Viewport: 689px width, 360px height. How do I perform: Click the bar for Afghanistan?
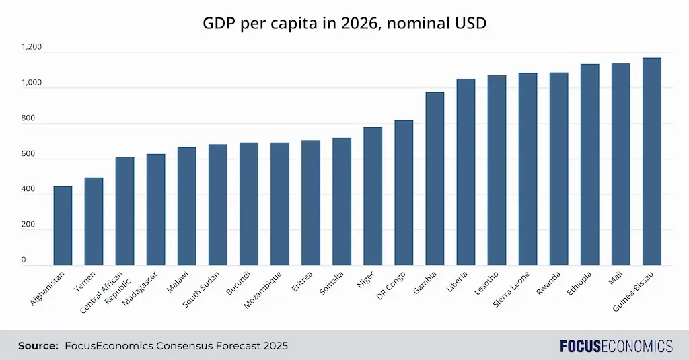click(63, 225)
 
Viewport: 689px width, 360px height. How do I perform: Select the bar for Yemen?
click(94, 221)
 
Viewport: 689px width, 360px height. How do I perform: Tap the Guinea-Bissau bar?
click(651, 161)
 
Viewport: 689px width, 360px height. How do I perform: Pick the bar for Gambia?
click(435, 178)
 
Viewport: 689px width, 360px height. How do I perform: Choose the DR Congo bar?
click(404, 192)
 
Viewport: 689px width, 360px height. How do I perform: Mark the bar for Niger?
click(373, 196)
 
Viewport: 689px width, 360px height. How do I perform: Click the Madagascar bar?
click(155, 209)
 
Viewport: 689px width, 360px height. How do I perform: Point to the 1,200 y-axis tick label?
click(31, 48)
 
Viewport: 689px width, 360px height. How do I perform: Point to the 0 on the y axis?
click(23, 260)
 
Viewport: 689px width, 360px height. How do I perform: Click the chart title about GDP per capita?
click(344, 24)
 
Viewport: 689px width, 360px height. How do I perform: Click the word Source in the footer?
click(38, 346)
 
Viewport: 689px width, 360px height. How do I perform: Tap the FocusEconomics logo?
click(616, 346)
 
